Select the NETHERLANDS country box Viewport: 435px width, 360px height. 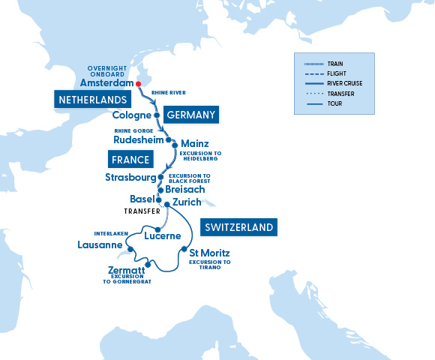point(91,99)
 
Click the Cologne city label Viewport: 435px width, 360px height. point(131,115)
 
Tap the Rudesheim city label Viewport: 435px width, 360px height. point(137,139)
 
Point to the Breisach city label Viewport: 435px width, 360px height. point(184,190)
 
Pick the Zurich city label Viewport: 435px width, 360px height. point(187,202)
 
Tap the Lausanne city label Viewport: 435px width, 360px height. point(100,245)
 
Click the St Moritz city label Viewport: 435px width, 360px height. point(209,253)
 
